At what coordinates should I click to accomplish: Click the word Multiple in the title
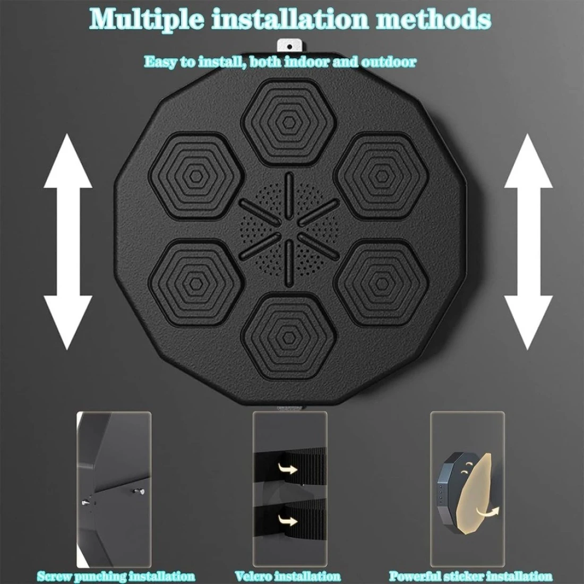[x=147, y=19]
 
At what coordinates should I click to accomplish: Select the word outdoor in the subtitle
[x=388, y=61]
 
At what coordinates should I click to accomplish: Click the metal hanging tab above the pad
[x=290, y=46]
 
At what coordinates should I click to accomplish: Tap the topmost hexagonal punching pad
[x=288, y=122]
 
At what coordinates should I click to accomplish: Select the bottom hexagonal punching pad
[x=288, y=338]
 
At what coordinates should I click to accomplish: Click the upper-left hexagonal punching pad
[x=196, y=176]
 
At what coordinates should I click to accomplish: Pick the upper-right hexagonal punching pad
[x=381, y=176]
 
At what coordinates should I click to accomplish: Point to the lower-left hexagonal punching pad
[x=196, y=284]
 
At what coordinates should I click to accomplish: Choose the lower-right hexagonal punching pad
[x=381, y=284]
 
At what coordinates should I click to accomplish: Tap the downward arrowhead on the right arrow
[x=528, y=323]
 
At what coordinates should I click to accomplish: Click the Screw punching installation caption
[x=116, y=577]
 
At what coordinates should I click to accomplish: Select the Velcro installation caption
[x=288, y=577]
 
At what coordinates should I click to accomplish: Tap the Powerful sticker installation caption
[x=470, y=577]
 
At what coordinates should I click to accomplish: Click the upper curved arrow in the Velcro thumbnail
[x=288, y=468]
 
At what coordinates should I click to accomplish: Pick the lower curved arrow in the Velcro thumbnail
[x=288, y=520]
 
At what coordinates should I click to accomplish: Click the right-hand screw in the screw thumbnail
[x=140, y=492]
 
